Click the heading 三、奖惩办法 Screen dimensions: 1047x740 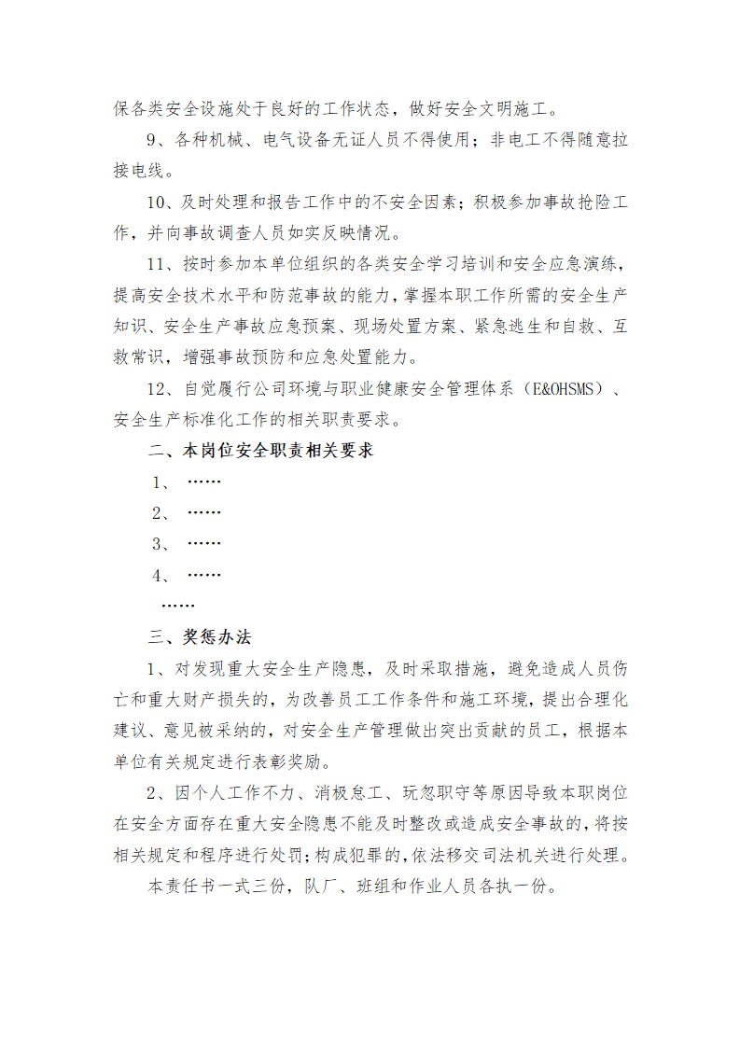point(200,637)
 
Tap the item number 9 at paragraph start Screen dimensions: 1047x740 point(154,140)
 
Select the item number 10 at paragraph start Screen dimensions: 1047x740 point(159,202)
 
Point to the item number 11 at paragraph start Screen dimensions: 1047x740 point(159,264)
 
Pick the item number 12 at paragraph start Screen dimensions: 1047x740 point(159,388)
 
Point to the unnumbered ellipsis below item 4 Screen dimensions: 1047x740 point(178,606)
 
